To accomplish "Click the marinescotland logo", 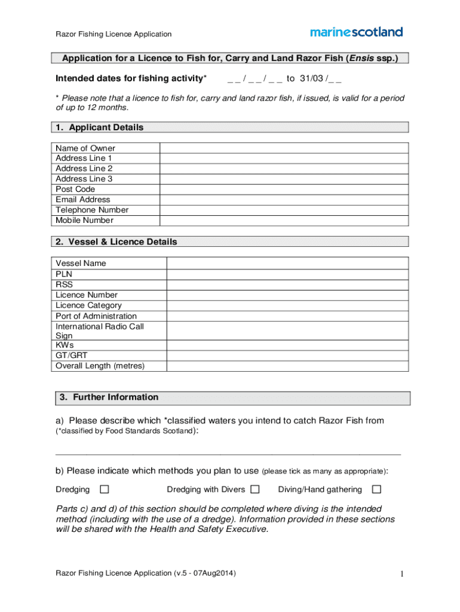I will (356, 32).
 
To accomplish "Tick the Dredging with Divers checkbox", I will (255, 489).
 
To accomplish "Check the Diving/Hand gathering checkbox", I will (376, 489).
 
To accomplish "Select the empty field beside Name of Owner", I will (284, 148).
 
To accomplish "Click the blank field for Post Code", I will (284, 189).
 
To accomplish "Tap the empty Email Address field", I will (284, 200).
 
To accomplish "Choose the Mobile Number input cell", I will (284, 221).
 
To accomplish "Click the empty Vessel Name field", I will (287, 263).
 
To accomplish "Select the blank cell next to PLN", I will (287, 274).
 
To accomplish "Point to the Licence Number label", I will (87, 295).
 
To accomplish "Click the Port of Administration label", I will (96, 316).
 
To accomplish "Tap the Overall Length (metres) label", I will (100, 366).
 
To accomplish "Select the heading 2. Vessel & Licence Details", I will (116, 242).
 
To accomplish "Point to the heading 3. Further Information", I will (109, 397).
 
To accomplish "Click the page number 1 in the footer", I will (404, 574).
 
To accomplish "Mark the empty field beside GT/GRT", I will (287, 355).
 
